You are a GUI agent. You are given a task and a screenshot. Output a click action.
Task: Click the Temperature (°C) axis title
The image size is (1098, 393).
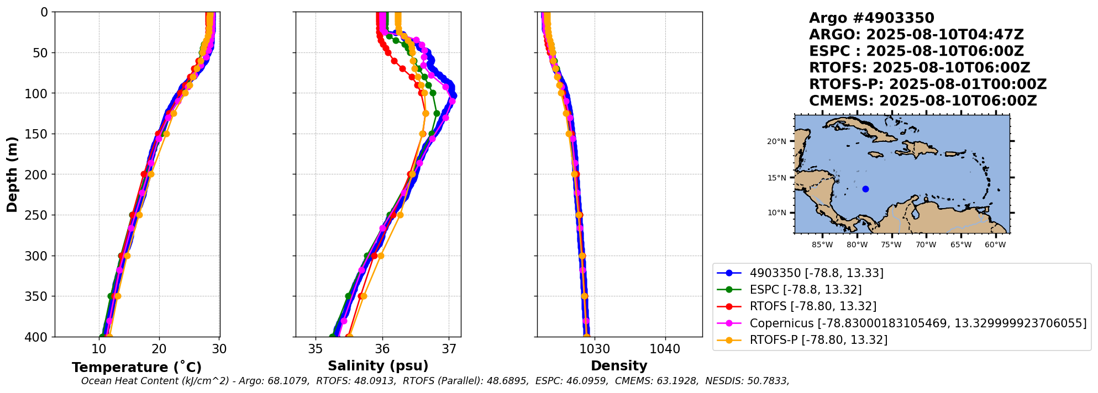pos(136,368)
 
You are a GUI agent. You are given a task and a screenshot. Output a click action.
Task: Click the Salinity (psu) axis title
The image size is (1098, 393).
pos(378,366)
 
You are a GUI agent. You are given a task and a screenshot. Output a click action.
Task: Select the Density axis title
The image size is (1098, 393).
pos(619,366)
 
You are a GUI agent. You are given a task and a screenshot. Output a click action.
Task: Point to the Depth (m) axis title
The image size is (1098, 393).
pos(12,174)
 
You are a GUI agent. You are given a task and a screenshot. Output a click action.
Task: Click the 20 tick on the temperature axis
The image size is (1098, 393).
pos(159,349)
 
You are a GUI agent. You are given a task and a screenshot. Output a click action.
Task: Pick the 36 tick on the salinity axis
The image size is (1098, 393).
pos(382,349)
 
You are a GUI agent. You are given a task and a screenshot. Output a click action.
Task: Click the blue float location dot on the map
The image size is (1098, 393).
pos(865,189)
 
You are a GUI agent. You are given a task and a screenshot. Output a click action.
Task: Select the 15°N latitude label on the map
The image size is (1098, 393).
pos(776,178)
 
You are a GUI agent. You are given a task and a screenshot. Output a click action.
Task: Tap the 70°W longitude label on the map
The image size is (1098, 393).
pos(926,245)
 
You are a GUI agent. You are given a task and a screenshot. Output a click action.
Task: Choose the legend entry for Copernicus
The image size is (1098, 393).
pos(917,323)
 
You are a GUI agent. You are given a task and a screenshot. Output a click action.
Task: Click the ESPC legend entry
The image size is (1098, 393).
pos(805,290)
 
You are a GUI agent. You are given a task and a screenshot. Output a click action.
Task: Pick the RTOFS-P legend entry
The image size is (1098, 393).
pos(818,340)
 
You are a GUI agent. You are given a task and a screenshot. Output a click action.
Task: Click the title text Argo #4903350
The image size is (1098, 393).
pos(871,18)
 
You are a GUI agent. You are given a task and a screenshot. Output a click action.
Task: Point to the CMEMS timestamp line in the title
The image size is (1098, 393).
pos(923,101)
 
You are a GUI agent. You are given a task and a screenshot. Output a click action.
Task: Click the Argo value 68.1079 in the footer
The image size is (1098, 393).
pos(289,381)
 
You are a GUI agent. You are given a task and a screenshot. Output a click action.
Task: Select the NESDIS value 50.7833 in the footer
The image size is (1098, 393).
pos(768,381)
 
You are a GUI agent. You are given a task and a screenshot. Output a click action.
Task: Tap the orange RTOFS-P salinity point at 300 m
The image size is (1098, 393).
pos(380,256)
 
